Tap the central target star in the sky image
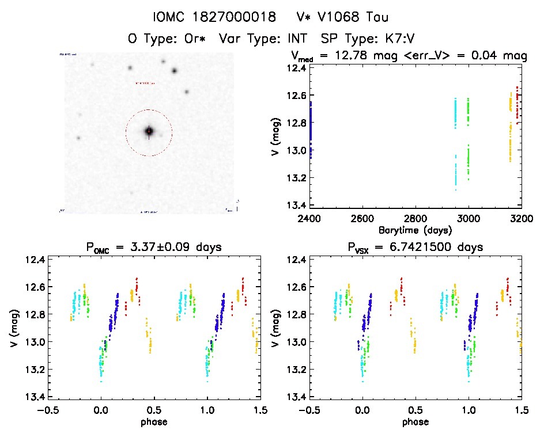coord(149,131)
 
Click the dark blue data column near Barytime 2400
coord(311,130)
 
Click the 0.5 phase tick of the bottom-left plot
coord(153,410)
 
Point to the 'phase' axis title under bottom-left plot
coord(153,421)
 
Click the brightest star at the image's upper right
coord(174,71)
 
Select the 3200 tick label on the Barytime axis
coord(521,219)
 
